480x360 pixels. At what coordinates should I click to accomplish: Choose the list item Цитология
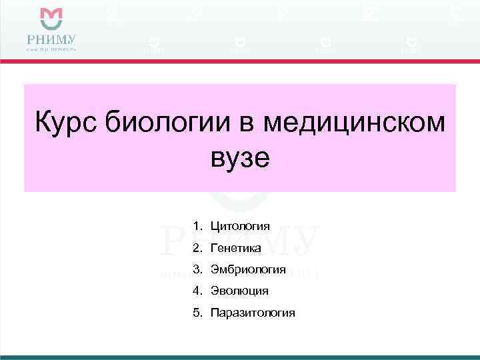(240, 226)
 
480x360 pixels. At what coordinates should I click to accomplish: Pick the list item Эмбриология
(248, 269)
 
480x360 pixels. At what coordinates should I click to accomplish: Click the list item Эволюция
(239, 291)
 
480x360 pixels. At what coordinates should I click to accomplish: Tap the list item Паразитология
(252, 313)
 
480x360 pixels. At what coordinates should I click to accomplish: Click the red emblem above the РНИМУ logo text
(51, 17)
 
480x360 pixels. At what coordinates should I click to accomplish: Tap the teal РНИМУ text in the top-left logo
(51, 37)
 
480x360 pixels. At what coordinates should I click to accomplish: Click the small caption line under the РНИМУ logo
(51, 49)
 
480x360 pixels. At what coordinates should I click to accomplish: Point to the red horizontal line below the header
(240, 61)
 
